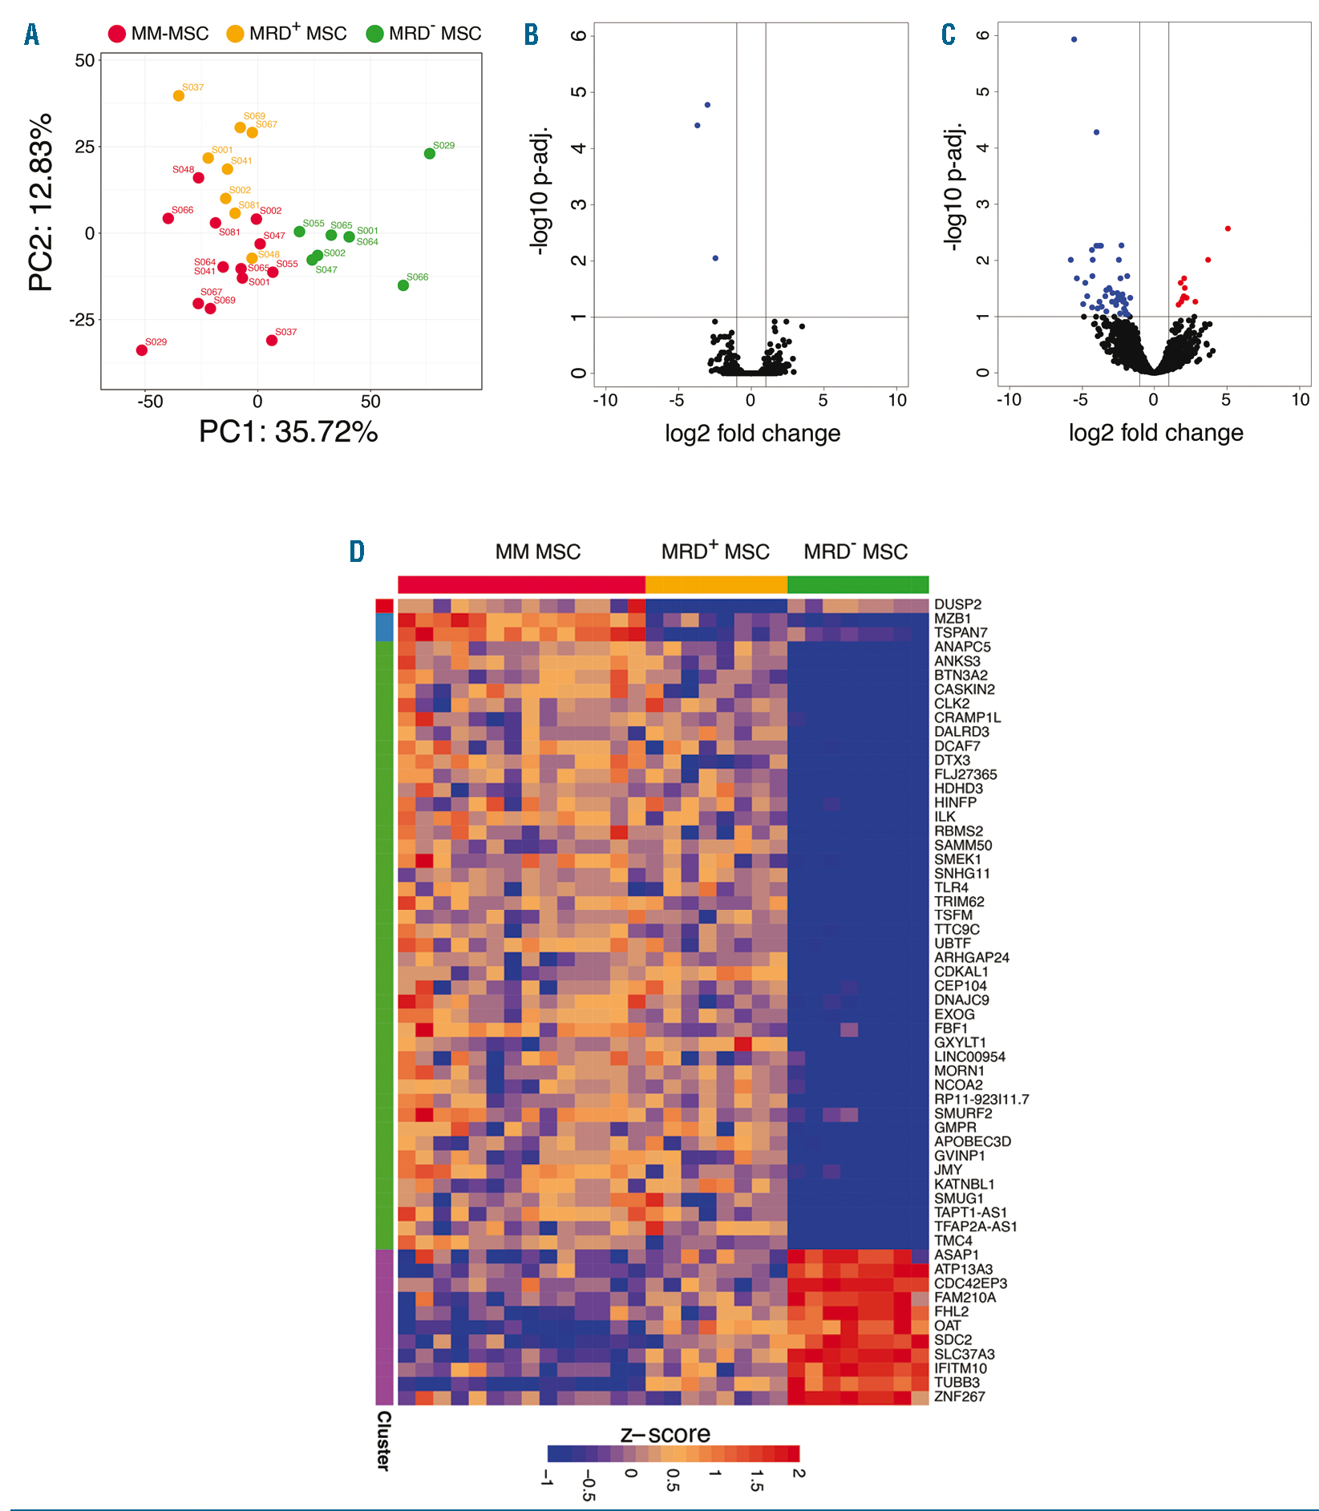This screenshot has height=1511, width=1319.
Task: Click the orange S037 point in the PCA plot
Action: (x=179, y=96)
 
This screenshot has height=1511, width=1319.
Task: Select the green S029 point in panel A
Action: (x=430, y=154)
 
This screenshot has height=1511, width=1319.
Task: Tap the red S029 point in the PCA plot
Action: (x=142, y=350)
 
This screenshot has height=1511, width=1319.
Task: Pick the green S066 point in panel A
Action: (x=403, y=285)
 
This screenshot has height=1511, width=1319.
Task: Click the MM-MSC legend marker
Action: (x=118, y=34)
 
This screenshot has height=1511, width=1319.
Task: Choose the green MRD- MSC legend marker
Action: (x=374, y=34)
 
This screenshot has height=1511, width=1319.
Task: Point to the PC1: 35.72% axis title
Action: (x=289, y=432)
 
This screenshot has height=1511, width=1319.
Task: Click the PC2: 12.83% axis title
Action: (x=41, y=202)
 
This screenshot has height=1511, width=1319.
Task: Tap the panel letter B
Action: (x=531, y=34)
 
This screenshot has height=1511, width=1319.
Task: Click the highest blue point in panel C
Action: (x=1074, y=39)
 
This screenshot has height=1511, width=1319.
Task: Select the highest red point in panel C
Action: (x=1228, y=229)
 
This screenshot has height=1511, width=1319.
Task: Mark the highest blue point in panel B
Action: (x=707, y=105)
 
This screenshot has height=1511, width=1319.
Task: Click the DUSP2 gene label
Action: (x=957, y=604)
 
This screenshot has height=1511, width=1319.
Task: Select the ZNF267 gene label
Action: (x=959, y=1396)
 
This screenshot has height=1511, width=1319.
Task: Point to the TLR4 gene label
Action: (x=951, y=887)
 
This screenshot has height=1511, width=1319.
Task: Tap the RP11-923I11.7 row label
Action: (x=981, y=1100)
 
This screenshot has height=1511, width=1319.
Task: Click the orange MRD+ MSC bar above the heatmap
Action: (x=716, y=584)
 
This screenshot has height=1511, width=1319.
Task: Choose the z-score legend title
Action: (x=666, y=1434)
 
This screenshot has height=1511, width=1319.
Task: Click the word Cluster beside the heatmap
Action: (x=384, y=1440)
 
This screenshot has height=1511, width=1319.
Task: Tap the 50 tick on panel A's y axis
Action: (x=84, y=61)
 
